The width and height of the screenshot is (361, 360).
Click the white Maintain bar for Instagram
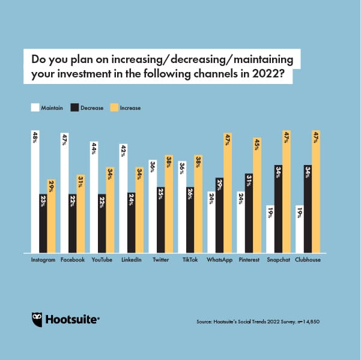[x=35, y=192]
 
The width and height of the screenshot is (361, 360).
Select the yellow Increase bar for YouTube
[x=110, y=210]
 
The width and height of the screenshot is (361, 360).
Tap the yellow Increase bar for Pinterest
[x=257, y=196]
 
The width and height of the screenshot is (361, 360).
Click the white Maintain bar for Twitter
[x=153, y=206]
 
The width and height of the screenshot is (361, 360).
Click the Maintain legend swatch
[x=35, y=108]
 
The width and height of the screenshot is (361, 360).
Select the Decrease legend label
[x=92, y=108]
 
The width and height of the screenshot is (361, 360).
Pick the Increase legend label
[x=130, y=108]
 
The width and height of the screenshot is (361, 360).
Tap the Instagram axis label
[x=43, y=260]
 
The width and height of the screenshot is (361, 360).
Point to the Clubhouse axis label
[x=308, y=260]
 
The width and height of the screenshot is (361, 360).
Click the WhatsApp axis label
[x=219, y=260]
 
